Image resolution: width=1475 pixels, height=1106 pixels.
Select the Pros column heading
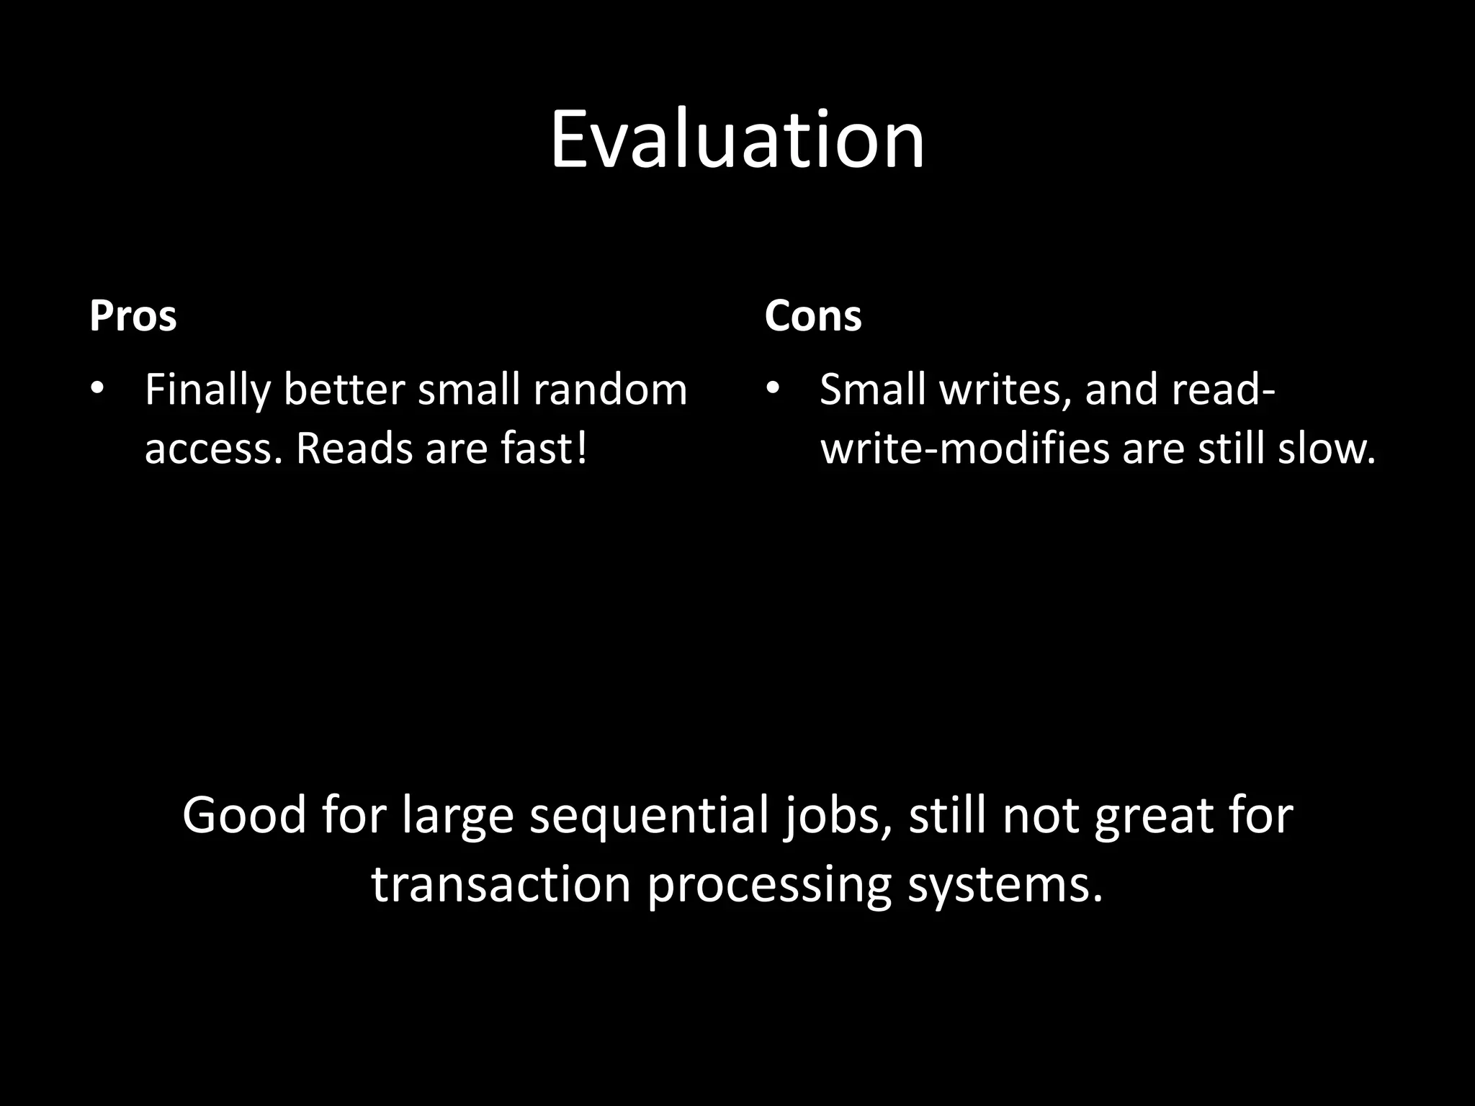point(133,315)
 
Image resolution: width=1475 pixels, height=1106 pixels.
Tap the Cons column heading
point(812,315)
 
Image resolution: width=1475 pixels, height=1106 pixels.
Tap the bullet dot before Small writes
point(772,390)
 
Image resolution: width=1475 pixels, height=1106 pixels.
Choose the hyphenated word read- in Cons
point(1224,390)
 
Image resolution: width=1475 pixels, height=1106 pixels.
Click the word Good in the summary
point(244,816)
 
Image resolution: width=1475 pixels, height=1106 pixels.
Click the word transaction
point(501,884)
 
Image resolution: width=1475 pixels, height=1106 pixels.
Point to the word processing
point(769,884)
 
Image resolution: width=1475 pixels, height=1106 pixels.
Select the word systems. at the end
point(1005,884)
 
